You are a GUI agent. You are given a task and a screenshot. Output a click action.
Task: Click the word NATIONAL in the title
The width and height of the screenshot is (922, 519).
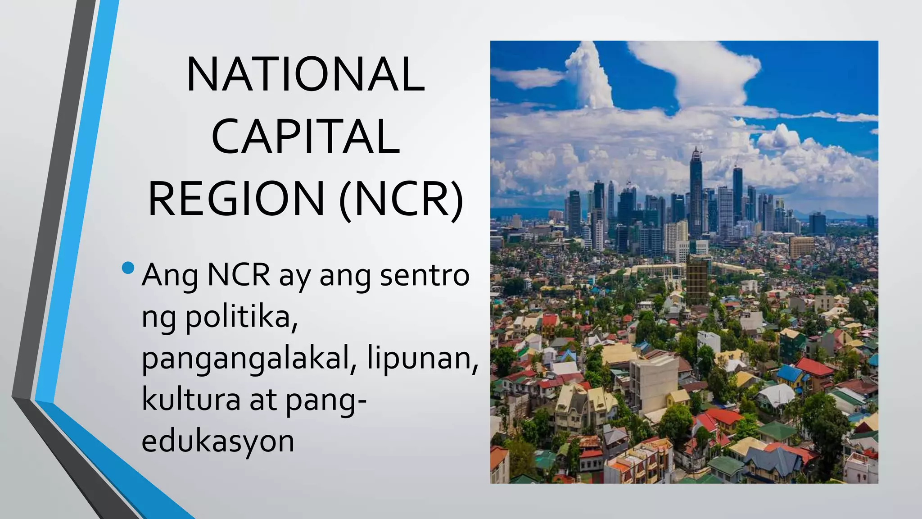[x=306, y=74]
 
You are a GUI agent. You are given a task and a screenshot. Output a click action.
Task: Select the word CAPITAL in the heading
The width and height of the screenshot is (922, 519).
[x=306, y=137]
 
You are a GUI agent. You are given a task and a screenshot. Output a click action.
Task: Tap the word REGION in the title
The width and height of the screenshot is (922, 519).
[x=237, y=199]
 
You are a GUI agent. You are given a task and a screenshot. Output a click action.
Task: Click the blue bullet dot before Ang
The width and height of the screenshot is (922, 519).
[x=128, y=268]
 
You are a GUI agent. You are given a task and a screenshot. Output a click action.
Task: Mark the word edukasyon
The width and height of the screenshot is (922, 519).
[x=218, y=442]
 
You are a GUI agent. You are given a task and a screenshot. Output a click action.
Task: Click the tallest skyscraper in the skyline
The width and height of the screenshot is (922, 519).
[x=696, y=194]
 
